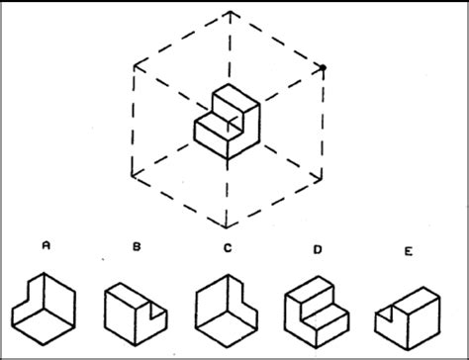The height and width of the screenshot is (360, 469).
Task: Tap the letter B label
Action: point(136,248)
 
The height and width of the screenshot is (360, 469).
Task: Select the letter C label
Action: point(227,248)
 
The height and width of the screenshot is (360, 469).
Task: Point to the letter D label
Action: point(317,249)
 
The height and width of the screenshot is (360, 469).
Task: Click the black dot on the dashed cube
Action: point(324,67)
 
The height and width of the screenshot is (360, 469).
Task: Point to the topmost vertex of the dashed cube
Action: point(230,12)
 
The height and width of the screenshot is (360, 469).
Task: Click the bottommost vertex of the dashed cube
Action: point(230,225)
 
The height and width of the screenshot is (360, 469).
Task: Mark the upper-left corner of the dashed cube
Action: point(136,66)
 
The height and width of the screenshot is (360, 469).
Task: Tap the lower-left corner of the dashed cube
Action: point(136,173)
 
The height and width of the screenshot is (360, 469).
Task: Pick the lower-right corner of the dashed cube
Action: point(324,173)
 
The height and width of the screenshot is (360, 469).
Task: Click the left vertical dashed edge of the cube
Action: point(136,120)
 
